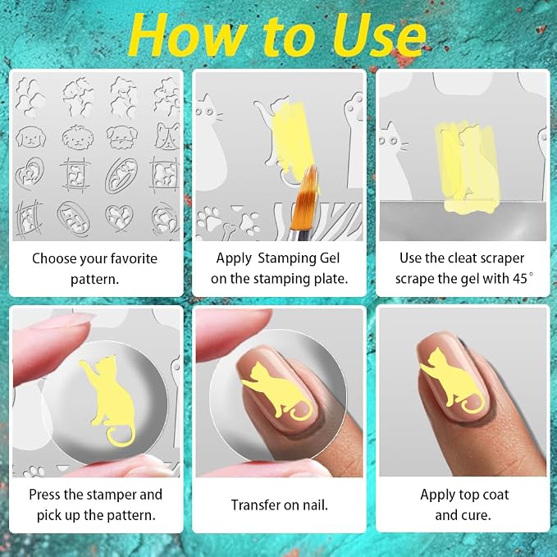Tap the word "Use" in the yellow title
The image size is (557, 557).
(x=379, y=35)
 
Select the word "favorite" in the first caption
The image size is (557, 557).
(x=134, y=258)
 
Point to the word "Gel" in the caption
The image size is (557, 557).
(x=330, y=258)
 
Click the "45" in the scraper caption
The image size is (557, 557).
(x=520, y=279)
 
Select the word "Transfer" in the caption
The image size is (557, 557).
(x=254, y=504)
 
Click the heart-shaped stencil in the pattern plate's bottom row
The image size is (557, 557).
(x=120, y=217)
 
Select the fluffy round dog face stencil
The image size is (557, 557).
(x=77, y=137)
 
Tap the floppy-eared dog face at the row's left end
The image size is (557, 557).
(x=31, y=137)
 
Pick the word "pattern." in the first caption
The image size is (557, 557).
(x=94, y=279)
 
